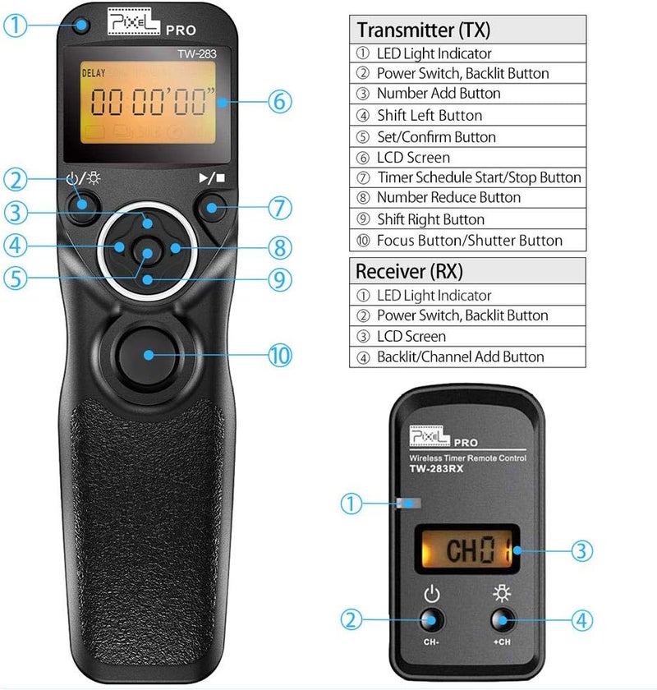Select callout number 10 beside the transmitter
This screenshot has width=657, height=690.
pos(279,355)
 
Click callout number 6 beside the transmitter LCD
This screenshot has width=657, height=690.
pos(279,102)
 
